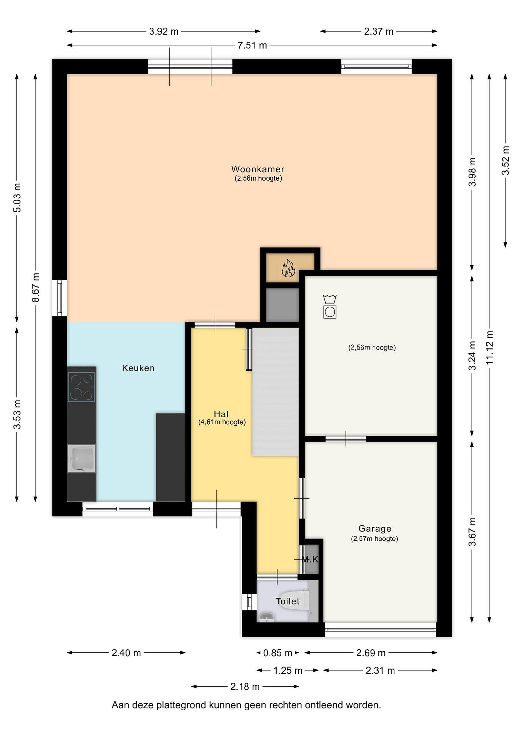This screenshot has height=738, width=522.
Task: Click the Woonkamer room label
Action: pyautogui.click(x=258, y=169)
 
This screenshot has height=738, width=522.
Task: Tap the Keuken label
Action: pyautogui.click(x=138, y=368)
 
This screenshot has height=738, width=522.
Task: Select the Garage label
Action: pyautogui.click(x=375, y=529)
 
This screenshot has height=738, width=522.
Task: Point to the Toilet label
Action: pyautogui.click(x=287, y=601)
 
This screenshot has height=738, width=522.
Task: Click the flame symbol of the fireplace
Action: pyautogui.click(x=288, y=268)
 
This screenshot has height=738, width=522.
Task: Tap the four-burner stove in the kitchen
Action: pyautogui.click(x=81, y=387)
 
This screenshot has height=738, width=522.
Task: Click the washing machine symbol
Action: pyautogui.click(x=330, y=307)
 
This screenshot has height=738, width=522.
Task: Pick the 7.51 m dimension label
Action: pyautogui.click(x=252, y=45)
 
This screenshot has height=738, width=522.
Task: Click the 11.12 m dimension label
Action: pyautogui.click(x=489, y=347)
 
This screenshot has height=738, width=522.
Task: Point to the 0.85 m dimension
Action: pyautogui.click(x=278, y=653)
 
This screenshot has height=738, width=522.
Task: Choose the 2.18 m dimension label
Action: pyautogui.click(x=245, y=686)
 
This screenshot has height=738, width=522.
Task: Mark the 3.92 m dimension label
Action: pyautogui.click(x=163, y=32)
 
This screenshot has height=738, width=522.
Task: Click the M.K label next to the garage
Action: pyautogui.click(x=310, y=560)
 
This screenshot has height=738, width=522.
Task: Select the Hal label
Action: pyautogui.click(x=221, y=414)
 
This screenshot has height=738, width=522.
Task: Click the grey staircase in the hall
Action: pyautogui.click(x=275, y=392)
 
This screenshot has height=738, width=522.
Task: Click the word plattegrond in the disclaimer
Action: pyautogui.click(x=181, y=705)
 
